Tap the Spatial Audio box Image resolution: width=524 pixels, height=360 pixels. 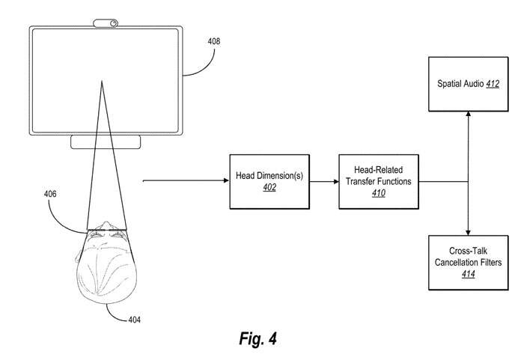point(468,83)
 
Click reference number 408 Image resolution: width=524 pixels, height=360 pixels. point(214,42)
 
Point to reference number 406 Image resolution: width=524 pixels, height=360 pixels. point(49,193)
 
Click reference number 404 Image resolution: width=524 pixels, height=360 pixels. point(133,320)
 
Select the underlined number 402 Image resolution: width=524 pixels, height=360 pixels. point(269,188)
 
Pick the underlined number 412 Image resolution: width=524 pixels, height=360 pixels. point(493,83)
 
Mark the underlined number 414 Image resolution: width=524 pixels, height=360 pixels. point(469,274)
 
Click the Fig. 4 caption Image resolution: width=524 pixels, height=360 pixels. point(258,338)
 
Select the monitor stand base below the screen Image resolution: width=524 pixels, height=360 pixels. point(105,142)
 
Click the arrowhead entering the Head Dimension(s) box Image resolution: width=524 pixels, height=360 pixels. point(225,180)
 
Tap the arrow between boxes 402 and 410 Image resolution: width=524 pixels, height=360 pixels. point(323,180)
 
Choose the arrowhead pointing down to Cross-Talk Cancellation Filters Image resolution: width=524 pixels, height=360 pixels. point(468,231)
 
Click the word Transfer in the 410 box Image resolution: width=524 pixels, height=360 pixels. point(356,180)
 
